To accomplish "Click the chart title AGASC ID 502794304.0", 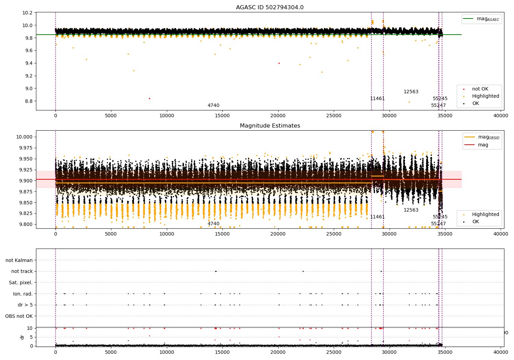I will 270,8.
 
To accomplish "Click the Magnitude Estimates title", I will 270,126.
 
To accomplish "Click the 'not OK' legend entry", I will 480,89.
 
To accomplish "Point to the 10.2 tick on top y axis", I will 27,13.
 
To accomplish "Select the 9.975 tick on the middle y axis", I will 26,148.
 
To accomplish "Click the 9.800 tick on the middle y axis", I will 26,224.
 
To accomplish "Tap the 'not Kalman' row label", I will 19,260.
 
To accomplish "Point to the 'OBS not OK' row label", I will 19,316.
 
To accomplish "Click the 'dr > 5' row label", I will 25,305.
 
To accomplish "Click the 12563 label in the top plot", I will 411,92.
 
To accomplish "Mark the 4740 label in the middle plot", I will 213,224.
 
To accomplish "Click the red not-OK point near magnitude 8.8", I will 149,98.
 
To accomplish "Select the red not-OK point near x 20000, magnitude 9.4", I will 279,63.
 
